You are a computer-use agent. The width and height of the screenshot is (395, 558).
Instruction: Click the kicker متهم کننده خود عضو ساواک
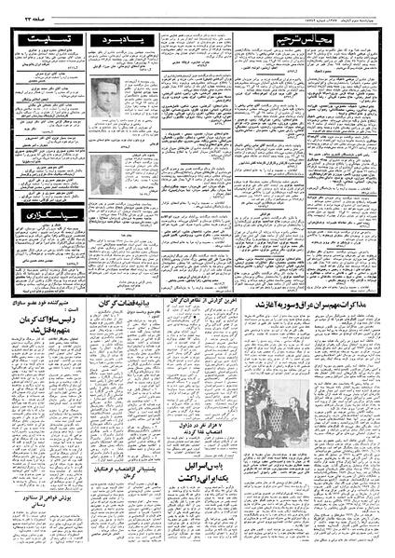[45, 306]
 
